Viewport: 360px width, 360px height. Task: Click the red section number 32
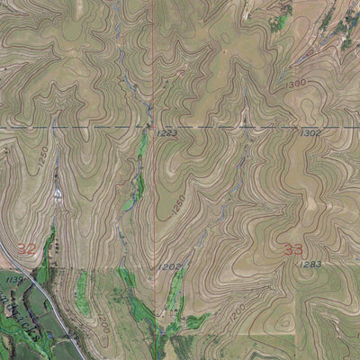click(x=27, y=248)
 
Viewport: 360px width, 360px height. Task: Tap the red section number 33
click(x=292, y=249)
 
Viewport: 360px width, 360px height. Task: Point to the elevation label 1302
click(x=310, y=132)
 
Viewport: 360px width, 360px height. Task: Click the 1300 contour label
click(x=295, y=83)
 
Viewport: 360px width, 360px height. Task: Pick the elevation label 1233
click(x=167, y=133)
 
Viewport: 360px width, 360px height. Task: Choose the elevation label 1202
click(x=170, y=266)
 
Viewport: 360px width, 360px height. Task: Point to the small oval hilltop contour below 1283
click(x=285, y=321)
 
